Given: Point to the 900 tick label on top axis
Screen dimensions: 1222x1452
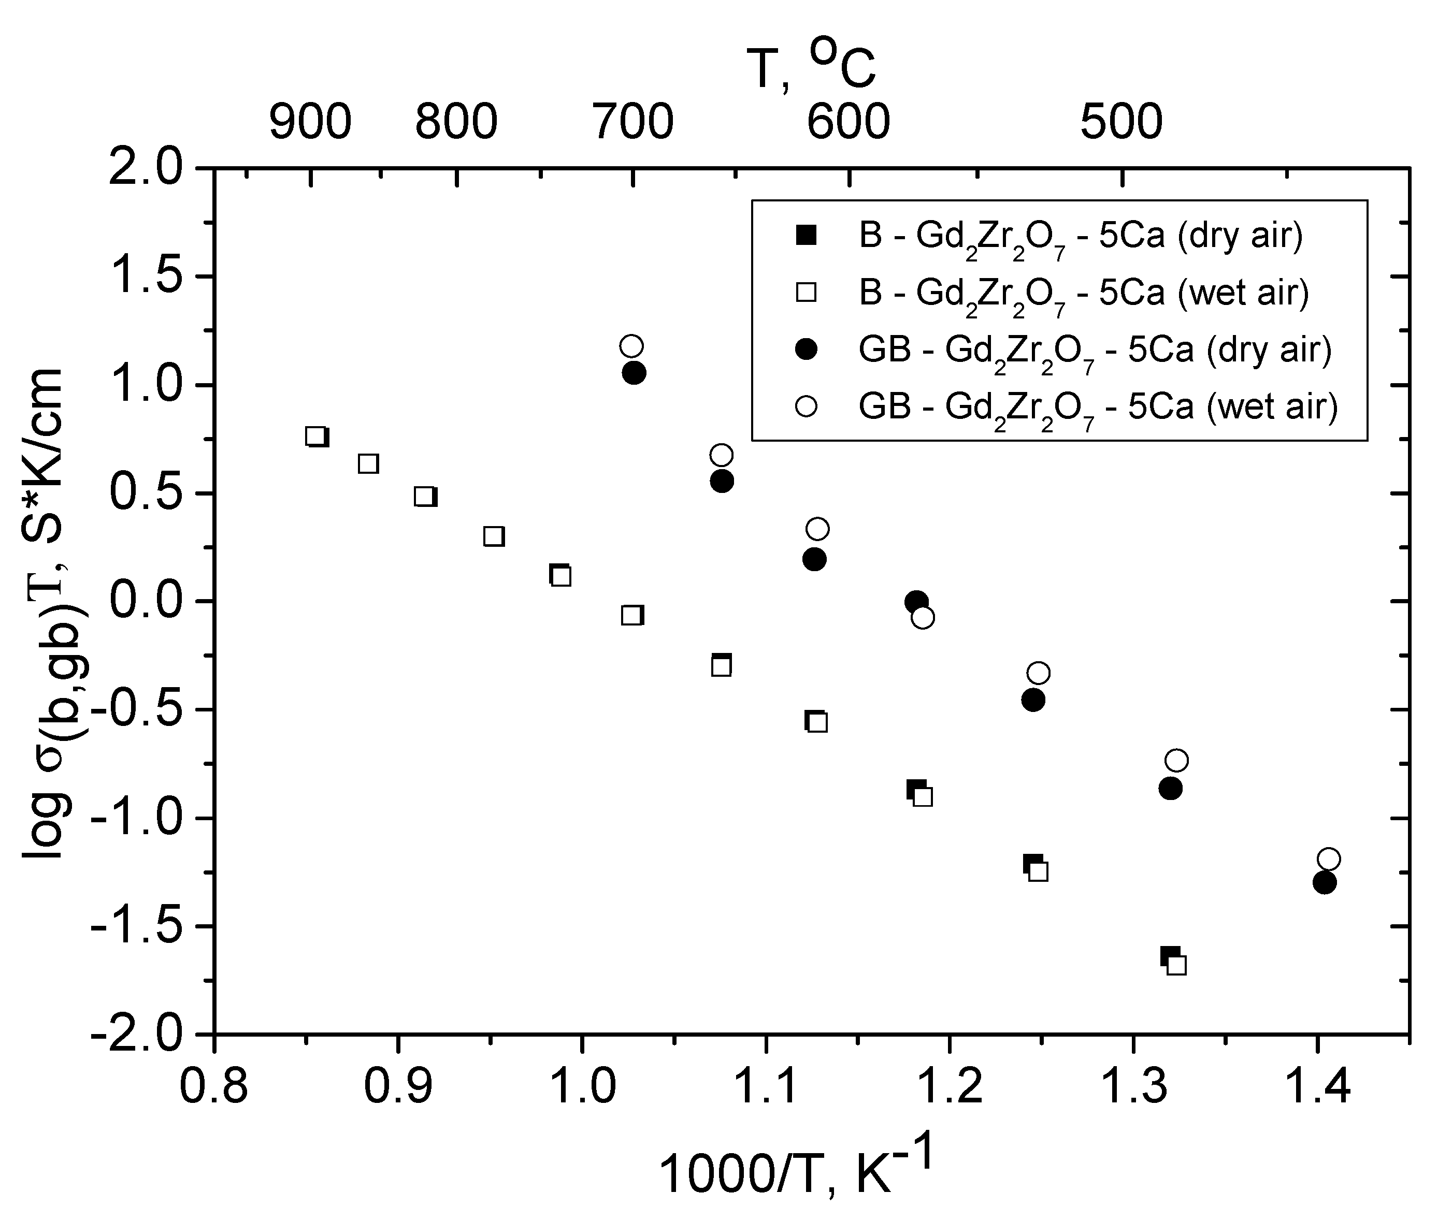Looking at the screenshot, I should [x=310, y=122].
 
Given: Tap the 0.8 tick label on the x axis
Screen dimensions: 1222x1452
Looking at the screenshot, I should [x=213, y=1085].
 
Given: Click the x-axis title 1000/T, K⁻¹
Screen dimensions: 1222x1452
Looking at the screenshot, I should [x=797, y=1171].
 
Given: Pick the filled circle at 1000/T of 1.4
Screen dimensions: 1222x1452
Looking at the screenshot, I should [x=1324, y=882].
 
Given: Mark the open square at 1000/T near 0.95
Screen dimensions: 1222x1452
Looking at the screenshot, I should [x=494, y=536].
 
